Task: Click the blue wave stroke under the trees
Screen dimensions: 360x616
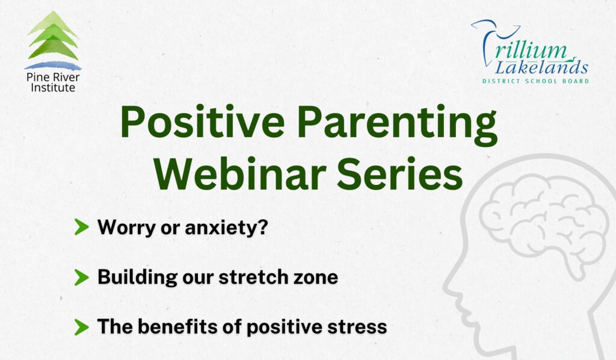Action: [53, 65]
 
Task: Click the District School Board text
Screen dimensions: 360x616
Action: [535, 81]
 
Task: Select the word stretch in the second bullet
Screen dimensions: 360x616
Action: [263, 278]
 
